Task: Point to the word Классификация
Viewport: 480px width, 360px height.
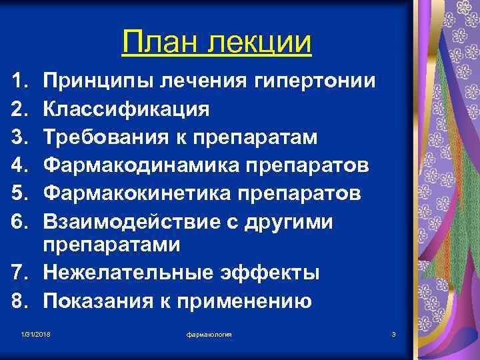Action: click(x=126, y=109)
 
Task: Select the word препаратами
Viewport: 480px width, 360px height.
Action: click(x=112, y=245)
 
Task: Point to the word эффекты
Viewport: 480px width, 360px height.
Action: click(x=277, y=273)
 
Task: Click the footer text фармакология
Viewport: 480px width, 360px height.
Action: click(x=209, y=333)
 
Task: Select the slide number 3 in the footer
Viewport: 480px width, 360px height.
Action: click(x=394, y=333)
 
